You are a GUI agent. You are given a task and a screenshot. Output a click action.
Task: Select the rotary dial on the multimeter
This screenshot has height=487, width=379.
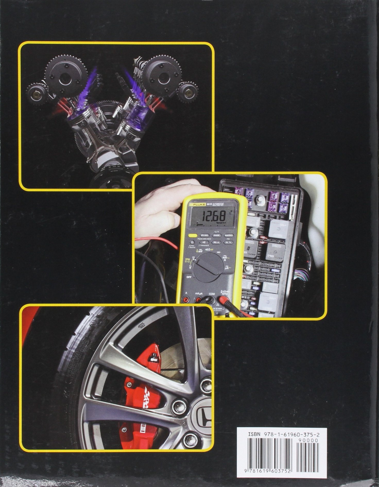click(x=208, y=267)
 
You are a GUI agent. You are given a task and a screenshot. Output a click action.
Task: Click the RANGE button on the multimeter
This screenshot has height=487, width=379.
click(x=217, y=235)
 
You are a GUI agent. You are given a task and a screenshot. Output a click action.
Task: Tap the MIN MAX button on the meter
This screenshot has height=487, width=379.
click(x=204, y=235)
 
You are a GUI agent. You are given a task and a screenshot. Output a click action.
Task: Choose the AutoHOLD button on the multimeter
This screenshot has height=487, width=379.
click(x=229, y=235)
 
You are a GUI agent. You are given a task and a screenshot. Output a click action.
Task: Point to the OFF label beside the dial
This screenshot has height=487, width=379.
click(x=189, y=277)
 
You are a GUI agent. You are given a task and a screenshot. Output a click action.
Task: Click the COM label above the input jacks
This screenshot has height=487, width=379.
click(x=212, y=294)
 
